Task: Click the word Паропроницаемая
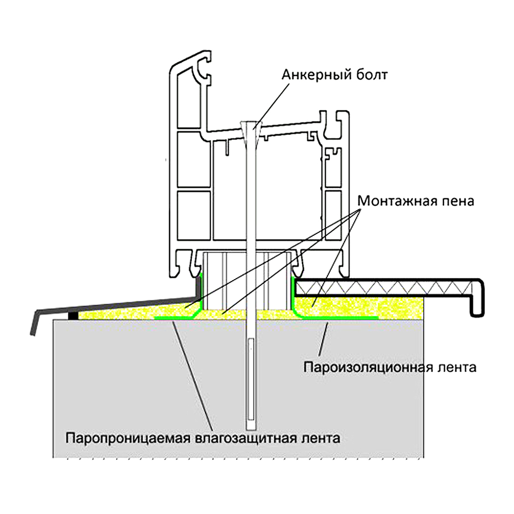(x=127, y=439)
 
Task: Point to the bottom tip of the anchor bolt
(x=250, y=428)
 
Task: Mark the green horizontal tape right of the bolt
(x=339, y=318)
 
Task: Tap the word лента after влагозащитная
(x=320, y=439)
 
